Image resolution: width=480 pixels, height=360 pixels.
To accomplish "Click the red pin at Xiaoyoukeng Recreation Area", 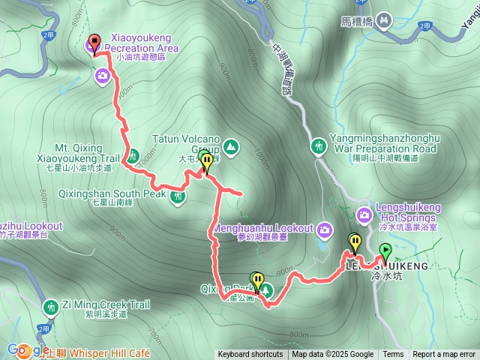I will tap(94, 43).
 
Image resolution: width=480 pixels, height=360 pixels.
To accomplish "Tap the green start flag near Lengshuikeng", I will tap(385, 250).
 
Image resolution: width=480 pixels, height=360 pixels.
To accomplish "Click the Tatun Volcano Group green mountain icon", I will tap(230, 145).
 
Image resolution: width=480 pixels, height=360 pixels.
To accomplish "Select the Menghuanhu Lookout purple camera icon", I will tap(325, 228).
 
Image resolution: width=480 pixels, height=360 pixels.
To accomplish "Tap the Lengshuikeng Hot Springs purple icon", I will tap(364, 215).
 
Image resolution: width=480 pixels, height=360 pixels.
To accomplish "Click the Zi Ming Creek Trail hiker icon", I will tap(50, 306).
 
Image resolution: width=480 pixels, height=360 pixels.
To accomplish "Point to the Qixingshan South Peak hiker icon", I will tap(177, 196).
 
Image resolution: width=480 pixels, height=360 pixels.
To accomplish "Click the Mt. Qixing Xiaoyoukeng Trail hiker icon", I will tap(133, 157).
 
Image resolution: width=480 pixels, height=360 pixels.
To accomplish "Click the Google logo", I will tap(27, 350).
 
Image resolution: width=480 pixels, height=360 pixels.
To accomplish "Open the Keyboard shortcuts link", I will tap(250, 355).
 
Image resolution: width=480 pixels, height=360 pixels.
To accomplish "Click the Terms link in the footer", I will tap(393, 355).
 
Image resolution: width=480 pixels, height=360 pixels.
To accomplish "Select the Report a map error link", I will tap(444, 355).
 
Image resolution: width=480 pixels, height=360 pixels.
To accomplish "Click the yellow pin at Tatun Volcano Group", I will tap(206, 162).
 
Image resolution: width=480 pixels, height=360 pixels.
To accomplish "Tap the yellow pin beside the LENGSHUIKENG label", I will tap(355, 243).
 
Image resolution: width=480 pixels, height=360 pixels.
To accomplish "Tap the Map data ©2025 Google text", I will tap(333, 355).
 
